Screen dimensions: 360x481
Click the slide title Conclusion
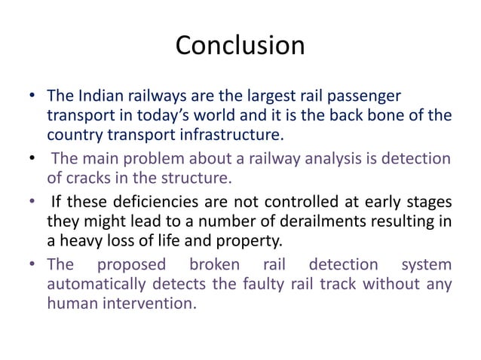pos(240,46)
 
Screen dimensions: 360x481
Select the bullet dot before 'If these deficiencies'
pos(32,202)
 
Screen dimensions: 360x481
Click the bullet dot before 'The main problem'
pos(32,158)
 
